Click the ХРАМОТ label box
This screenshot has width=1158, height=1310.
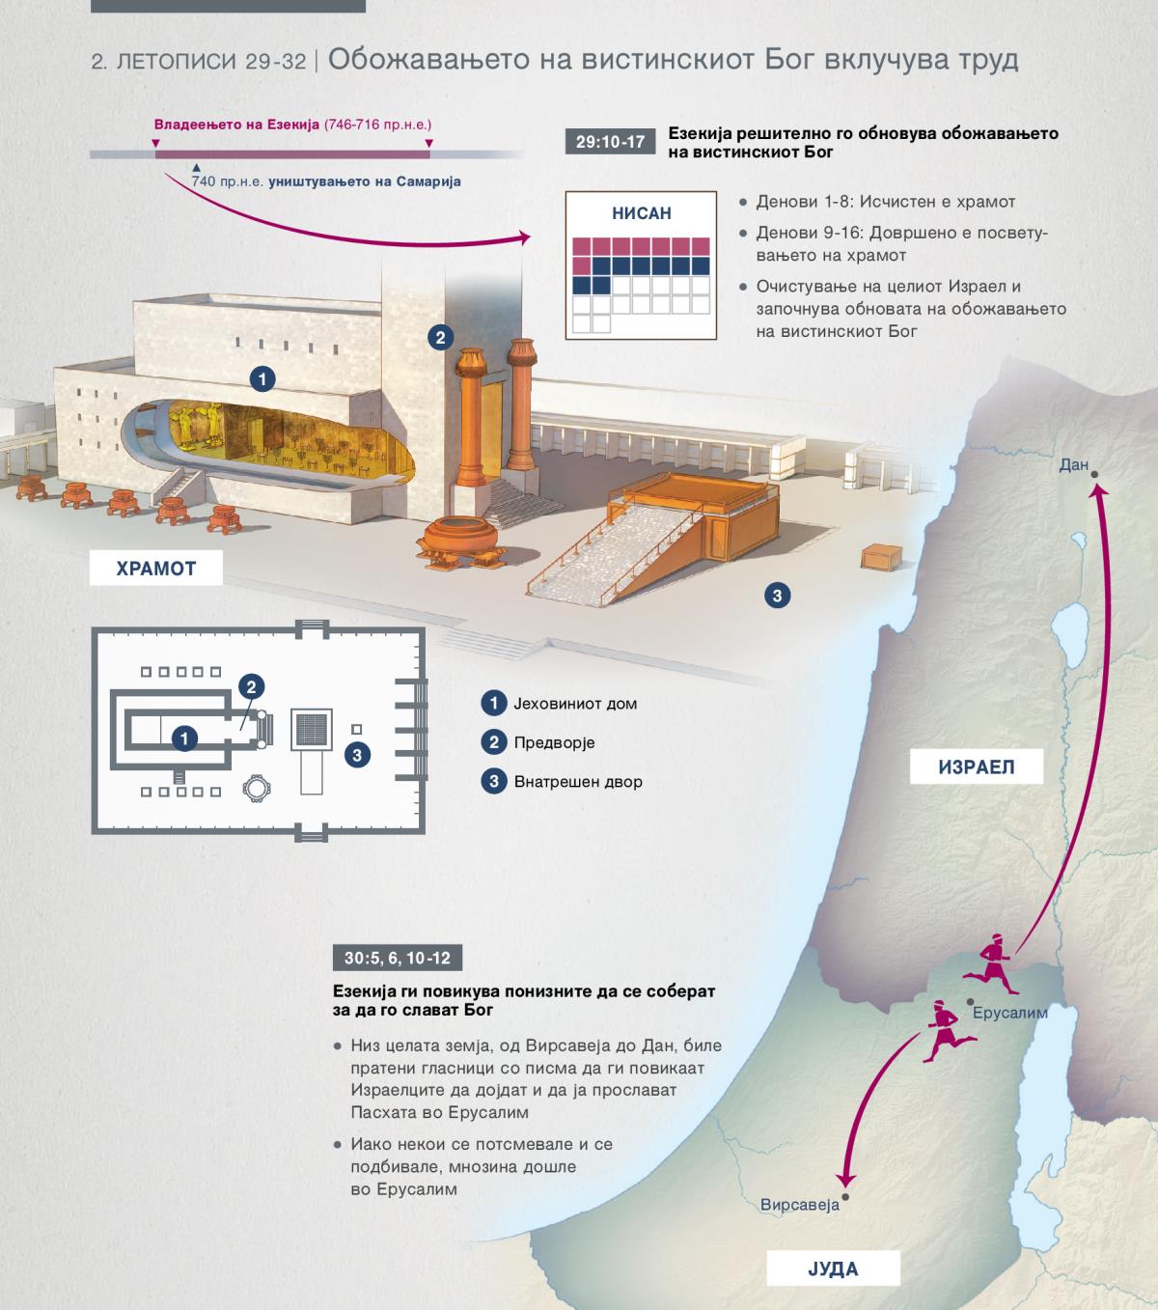point(155,568)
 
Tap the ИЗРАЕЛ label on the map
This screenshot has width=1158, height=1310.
point(977,766)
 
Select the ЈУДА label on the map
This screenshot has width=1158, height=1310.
point(833,1269)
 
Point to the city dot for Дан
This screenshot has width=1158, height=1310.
point(1094,475)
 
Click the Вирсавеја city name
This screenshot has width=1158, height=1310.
point(800,1205)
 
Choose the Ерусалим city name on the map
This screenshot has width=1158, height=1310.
point(1010,1013)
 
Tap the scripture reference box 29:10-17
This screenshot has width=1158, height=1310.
point(610,141)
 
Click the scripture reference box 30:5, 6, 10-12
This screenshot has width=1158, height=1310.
point(397,958)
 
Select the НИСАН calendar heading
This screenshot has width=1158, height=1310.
point(642,212)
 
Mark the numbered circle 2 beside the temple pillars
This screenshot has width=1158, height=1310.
point(440,337)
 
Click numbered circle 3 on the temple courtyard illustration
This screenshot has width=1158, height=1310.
point(777,596)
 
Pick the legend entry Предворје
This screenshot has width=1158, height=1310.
point(554,742)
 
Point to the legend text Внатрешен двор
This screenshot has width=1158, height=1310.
point(578,781)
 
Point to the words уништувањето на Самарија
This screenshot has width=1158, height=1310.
point(365,181)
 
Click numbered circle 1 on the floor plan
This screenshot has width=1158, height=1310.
point(184,738)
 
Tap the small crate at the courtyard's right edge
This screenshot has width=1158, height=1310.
point(882,557)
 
